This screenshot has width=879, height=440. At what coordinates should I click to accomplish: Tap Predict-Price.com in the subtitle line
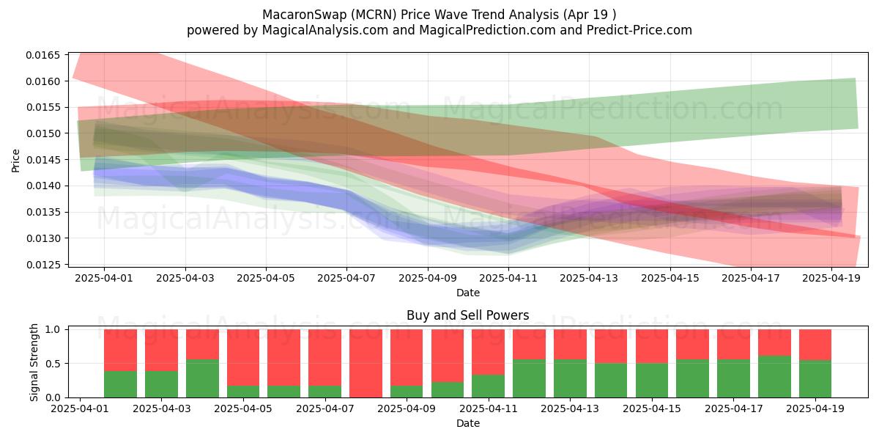pos(639,30)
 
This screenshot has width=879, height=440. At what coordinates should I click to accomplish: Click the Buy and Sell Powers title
pos(468,315)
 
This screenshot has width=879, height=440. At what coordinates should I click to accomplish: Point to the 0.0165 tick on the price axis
pos(43,55)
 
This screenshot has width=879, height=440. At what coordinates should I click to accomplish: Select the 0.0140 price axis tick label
pos(43,186)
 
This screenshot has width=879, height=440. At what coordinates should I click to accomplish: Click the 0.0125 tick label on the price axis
pos(43,265)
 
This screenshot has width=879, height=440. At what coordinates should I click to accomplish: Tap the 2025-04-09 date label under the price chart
pos(428,278)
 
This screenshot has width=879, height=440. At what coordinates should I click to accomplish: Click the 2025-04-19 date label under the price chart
pos(831,278)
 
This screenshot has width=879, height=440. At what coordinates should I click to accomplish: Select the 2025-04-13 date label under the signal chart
pos(570,408)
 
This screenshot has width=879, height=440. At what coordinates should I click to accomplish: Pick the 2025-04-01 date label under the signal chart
pos(80,408)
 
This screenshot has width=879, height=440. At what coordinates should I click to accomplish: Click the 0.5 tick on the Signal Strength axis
pos(53,364)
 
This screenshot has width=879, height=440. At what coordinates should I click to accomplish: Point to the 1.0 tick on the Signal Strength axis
pos(53,329)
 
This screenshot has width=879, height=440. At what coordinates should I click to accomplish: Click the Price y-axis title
pos(15,161)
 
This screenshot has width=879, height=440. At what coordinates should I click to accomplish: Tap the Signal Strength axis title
pos(34,362)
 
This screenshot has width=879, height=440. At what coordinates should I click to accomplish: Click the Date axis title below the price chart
pos(468,293)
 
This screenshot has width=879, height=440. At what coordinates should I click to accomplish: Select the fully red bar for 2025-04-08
pos(366,364)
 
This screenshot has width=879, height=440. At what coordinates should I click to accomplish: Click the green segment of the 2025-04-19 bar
pos(815,379)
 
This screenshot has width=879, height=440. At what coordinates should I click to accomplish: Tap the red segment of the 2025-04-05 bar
pos(243,358)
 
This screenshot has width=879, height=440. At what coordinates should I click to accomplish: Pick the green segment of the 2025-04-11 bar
pos(488,386)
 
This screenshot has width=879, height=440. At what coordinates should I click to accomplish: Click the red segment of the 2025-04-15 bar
pos(652,346)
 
